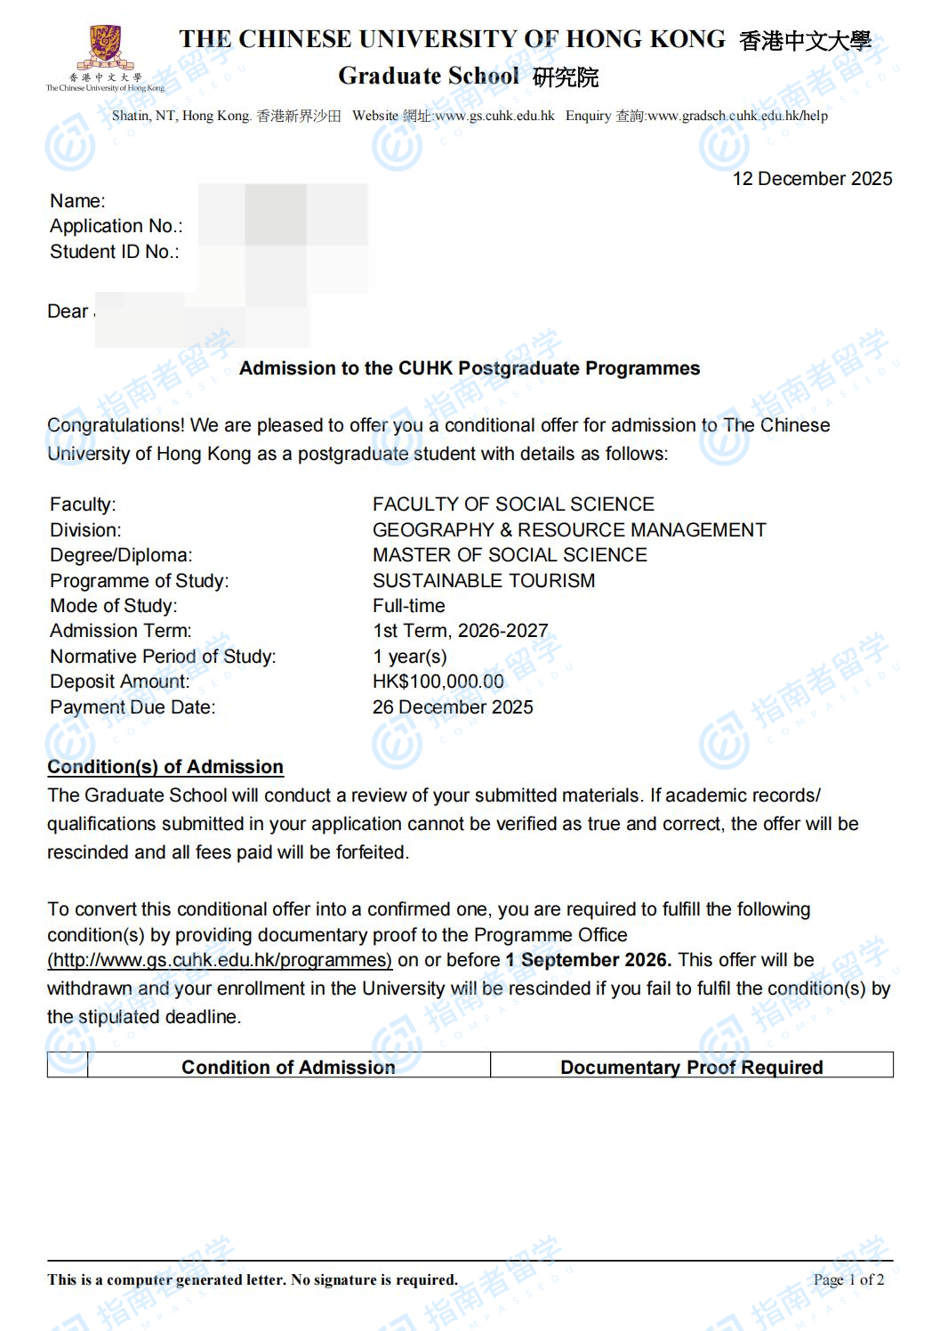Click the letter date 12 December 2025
811,179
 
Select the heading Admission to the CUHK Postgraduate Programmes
470,368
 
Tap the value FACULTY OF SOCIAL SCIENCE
513,504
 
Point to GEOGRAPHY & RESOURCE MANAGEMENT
569,530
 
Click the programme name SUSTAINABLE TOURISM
484,581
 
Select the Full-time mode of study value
409,606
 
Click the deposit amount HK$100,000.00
438,682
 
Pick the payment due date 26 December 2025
453,707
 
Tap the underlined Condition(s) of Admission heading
165,767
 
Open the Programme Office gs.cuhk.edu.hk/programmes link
220,960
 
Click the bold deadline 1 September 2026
588,960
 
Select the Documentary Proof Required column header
691,1067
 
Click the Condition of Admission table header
288,1067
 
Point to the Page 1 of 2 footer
848,1279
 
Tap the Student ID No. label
114,252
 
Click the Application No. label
116,226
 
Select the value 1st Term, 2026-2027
460,631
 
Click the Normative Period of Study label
163,657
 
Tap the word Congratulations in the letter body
115,425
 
